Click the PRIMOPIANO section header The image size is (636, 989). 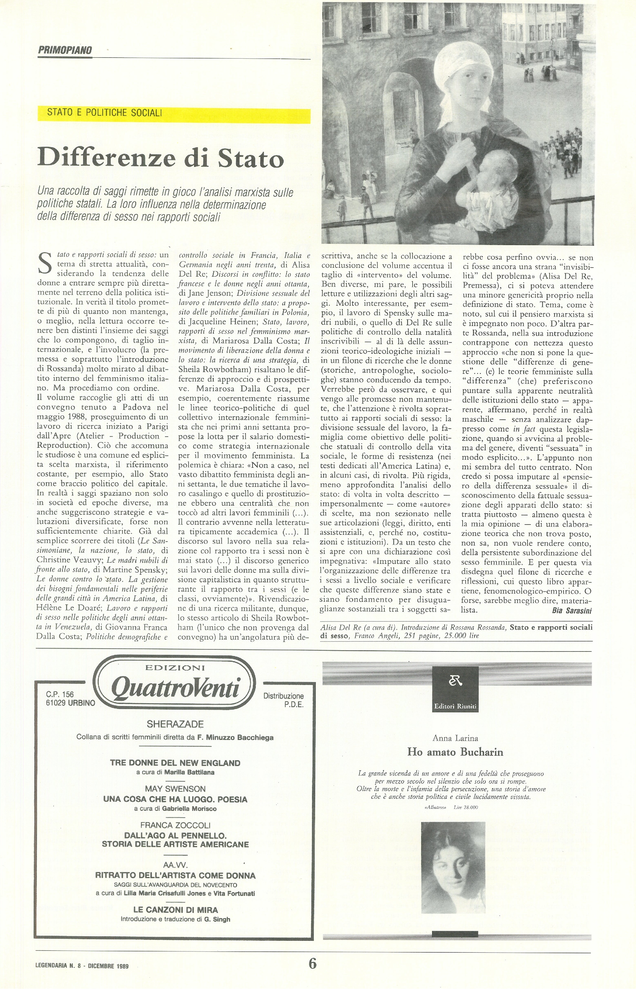[x=65, y=50]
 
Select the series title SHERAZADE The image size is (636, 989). [x=175, y=724]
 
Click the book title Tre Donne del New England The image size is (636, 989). [x=175, y=763]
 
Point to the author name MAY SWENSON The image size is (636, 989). [x=175, y=789]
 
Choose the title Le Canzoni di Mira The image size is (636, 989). [x=175, y=909]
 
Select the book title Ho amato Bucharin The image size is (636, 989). [x=455, y=752]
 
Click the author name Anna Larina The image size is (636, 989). [x=455, y=738]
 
